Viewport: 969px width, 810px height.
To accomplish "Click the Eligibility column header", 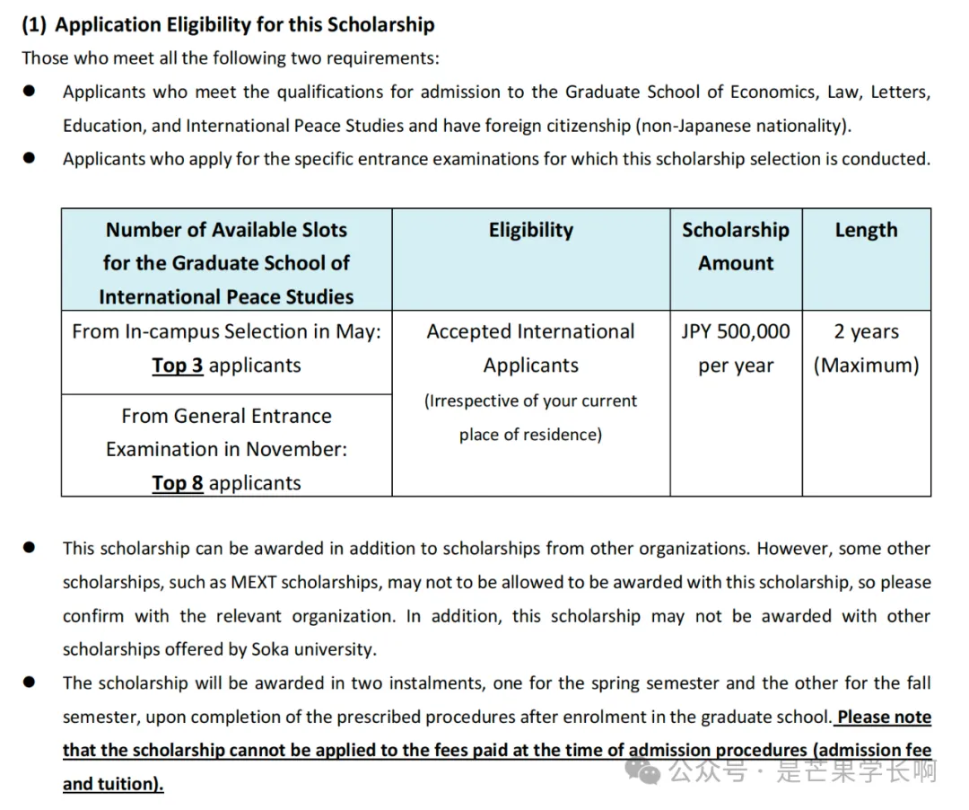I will pyautogui.click(x=530, y=230).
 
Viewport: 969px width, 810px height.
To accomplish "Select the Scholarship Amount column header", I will pyautogui.click(x=736, y=246).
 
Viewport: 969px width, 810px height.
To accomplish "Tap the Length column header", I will pyautogui.click(x=866, y=230).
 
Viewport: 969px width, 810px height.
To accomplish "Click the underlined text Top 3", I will pyautogui.click(x=177, y=365).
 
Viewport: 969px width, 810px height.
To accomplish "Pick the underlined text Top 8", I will pyautogui.click(x=177, y=483).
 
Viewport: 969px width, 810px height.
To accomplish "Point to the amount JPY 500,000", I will pyautogui.click(x=736, y=331).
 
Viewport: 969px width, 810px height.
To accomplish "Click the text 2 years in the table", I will pyautogui.click(x=866, y=331).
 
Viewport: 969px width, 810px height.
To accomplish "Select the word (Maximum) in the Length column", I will pyautogui.click(x=866, y=365).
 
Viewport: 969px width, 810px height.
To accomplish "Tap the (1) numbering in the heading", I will pyautogui.click(x=35, y=24).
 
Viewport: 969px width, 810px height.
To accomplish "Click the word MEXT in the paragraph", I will pyautogui.click(x=254, y=582).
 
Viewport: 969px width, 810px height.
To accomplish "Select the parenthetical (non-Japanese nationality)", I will pyautogui.click(x=743, y=126).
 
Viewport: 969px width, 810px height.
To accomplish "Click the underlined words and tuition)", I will pyautogui.click(x=113, y=784).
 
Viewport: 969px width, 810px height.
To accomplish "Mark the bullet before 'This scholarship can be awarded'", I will pyautogui.click(x=30, y=547).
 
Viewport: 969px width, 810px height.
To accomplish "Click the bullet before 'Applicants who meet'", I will pyautogui.click(x=30, y=91).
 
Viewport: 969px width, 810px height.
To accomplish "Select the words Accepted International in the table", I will pyautogui.click(x=530, y=331).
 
